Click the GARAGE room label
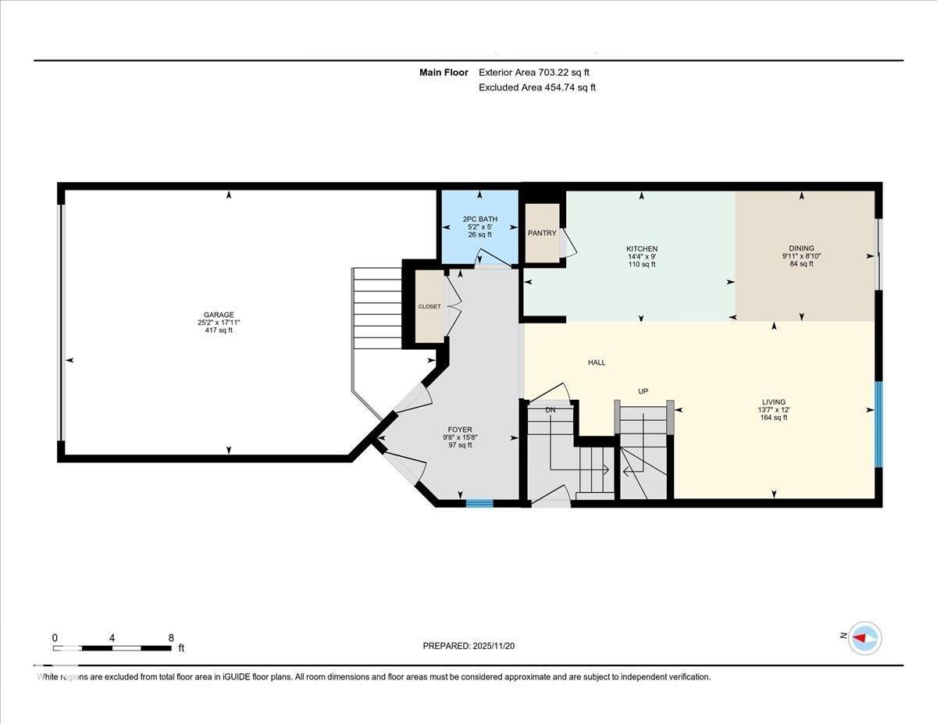point(219,315)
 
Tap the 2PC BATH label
point(480,219)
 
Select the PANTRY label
point(542,233)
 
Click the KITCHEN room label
point(642,249)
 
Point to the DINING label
point(801,248)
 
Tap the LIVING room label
point(774,402)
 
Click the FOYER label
point(460,430)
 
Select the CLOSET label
point(429,307)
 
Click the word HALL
point(597,362)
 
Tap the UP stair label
point(643,391)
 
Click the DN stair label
point(550,410)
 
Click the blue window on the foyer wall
point(479,503)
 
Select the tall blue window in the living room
point(878,424)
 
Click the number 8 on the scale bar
point(171,638)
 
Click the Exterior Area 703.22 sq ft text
point(534,73)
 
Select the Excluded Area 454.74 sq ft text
point(537,87)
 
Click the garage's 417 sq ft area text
point(219,330)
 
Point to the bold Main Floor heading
point(444,73)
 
